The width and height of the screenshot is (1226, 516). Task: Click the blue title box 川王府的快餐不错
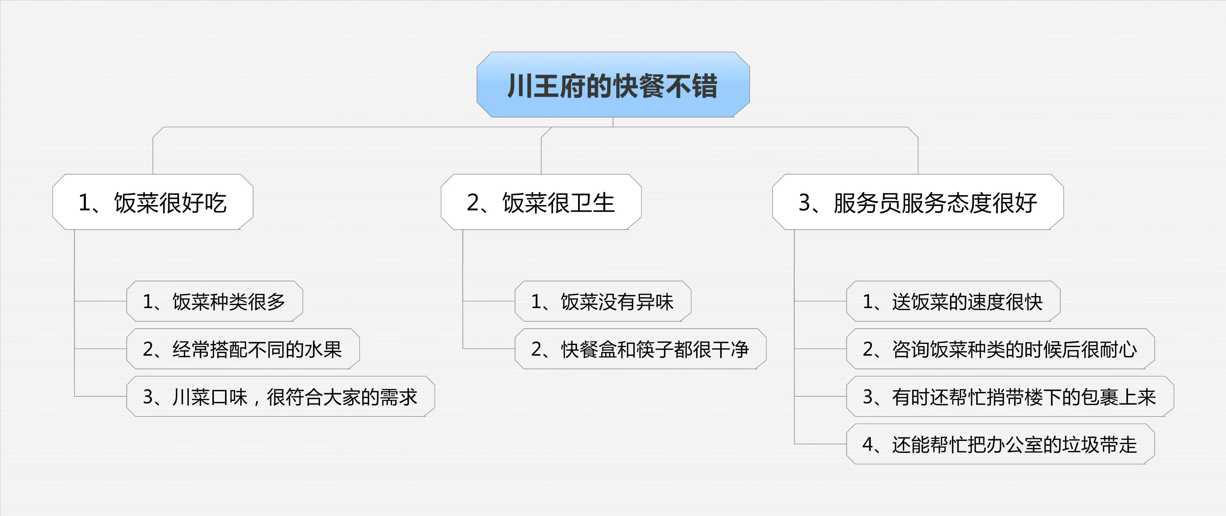pos(613,85)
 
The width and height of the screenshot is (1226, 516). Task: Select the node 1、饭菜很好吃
pos(153,202)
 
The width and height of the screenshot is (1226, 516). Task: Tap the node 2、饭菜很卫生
pos(541,202)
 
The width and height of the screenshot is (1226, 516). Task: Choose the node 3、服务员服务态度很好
pos(918,202)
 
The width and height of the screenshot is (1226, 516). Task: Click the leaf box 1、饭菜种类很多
pos(215,301)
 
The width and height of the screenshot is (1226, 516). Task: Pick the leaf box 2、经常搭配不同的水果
pos(243,349)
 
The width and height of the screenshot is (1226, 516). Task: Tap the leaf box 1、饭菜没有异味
pos(603,301)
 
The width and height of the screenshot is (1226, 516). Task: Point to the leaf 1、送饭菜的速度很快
pos(953,301)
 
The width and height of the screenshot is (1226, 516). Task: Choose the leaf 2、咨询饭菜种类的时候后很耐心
pos(1000,349)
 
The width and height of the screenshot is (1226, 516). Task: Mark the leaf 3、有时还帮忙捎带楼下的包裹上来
pos(1010,397)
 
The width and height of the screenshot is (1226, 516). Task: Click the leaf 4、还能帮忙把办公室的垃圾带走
pos(1000,444)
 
